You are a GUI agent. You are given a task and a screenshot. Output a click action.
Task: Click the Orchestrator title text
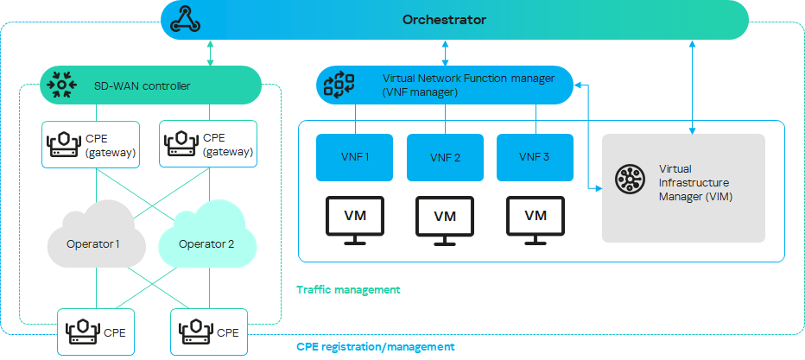[x=444, y=19]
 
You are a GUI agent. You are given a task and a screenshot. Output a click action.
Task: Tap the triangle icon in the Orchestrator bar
[x=187, y=19]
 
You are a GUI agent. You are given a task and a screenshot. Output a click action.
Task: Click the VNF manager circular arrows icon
[x=339, y=84]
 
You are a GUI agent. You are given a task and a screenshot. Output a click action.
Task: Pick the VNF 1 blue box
[x=354, y=157]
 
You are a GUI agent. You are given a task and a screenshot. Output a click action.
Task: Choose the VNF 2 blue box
[x=445, y=157]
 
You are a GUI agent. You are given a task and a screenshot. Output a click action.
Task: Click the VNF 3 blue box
[x=536, y=157]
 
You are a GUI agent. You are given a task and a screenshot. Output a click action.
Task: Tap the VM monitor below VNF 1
[x=354, y=219]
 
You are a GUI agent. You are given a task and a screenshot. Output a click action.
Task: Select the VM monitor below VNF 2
[x=445, y=219]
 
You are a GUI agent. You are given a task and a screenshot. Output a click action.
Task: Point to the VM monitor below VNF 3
[x=536, y=219]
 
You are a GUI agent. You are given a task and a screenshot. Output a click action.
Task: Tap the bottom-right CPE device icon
[x=194, y=332]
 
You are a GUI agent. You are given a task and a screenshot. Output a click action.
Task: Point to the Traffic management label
[x=348, y=290]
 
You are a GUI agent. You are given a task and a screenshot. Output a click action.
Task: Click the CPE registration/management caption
[x=376, y=346]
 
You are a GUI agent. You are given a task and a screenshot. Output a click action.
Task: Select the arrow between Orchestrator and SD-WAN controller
[x=211, y=53]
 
